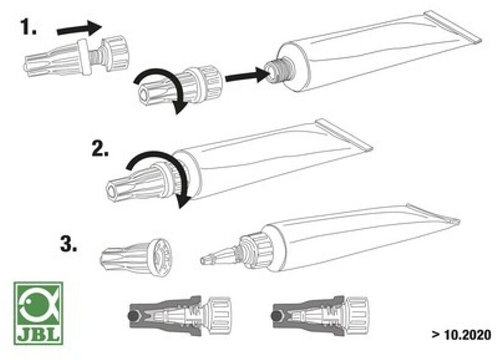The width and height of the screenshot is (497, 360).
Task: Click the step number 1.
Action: click(x=29, y=27)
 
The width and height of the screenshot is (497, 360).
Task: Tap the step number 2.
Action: click(x=100, y=149)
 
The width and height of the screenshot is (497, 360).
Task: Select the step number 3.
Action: click(x=69, y=244)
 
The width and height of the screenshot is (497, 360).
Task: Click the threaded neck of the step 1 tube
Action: click(x=280, y=70)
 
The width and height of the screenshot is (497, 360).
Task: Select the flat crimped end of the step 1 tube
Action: click(x=453, y=27)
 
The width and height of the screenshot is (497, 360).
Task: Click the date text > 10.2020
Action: click(x=461, y=335)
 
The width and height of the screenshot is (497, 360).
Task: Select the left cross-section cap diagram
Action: click(x=180, y=316)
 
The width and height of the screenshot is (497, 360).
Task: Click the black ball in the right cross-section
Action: click(x=277, y=316)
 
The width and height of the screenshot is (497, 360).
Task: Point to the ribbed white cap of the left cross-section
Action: click(x=219, y=316)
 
